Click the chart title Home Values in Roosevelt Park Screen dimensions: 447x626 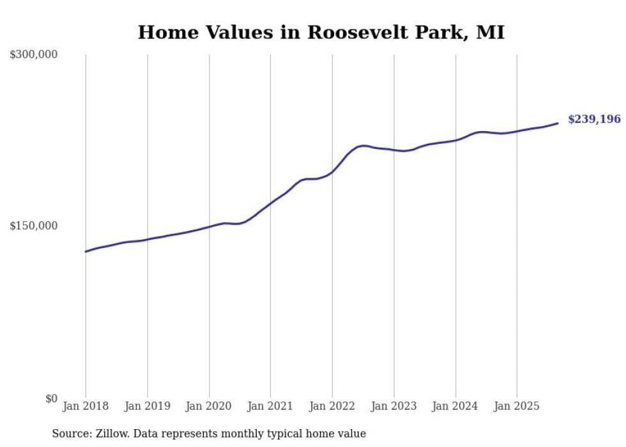pos(321,33)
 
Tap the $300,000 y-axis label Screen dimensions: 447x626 pos(34,55)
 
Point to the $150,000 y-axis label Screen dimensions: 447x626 pos(34,226)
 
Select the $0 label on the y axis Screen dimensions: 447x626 pos(51,398)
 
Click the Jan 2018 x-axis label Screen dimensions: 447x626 pos(86,406)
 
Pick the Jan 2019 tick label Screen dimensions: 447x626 pos(148,406)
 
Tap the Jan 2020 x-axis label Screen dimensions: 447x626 pos(209,406)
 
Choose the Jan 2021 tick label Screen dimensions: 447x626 pos(270,406)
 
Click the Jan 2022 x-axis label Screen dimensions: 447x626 pos(332,406)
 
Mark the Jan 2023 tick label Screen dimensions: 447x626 pos(393,406)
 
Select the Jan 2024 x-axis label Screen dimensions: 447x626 pos(455,406)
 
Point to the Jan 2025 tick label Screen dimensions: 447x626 pos(517,406)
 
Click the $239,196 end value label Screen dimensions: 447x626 pos(594,120)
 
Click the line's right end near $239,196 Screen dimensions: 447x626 pos(558,123)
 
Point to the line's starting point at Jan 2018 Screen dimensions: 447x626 pos(86,251)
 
